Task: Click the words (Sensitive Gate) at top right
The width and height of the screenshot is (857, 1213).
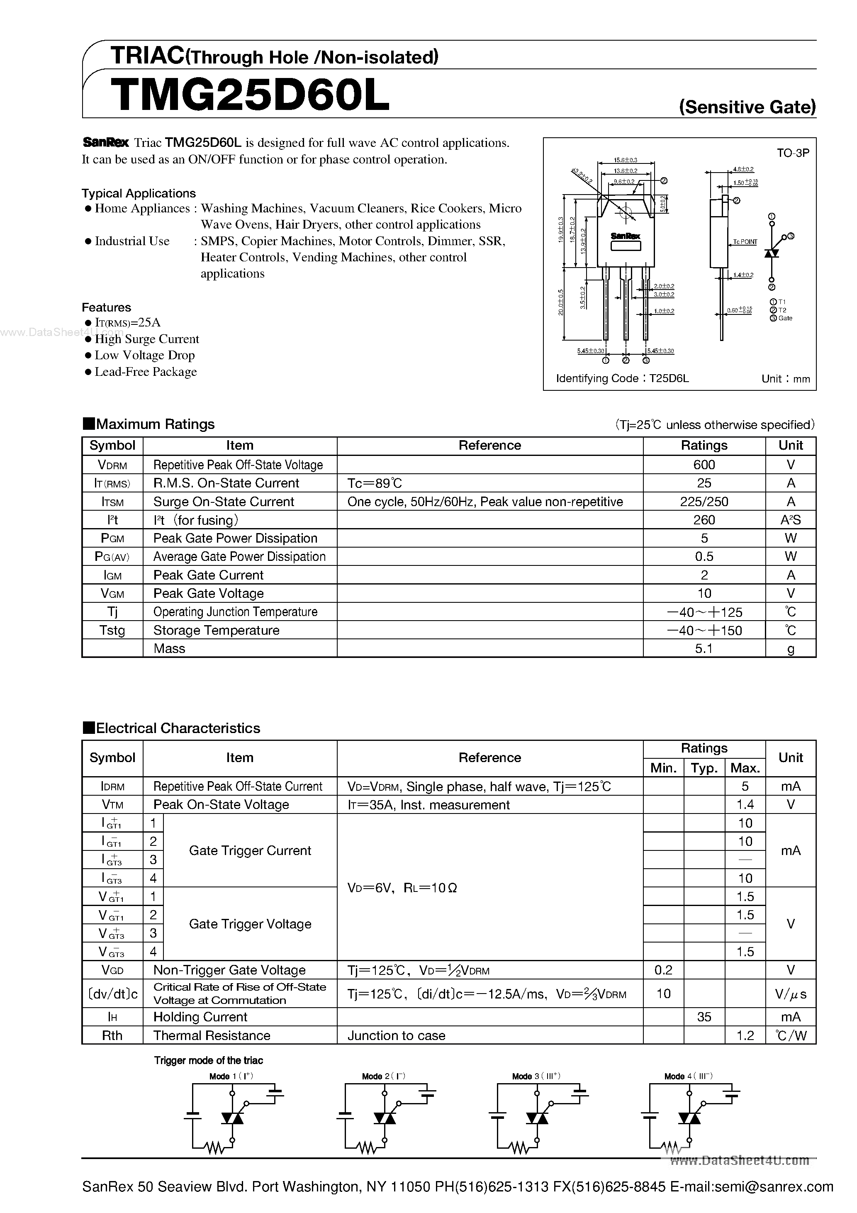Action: click(x=747, y=107)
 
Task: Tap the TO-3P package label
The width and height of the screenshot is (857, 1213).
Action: click(x=793, y=153)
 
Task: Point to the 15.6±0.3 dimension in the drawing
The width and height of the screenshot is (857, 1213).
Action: click(x=625, y=160)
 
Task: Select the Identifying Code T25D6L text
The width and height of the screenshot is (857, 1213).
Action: click(x=622, y=378)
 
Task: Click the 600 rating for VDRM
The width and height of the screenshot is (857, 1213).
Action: click(x=704, y=465)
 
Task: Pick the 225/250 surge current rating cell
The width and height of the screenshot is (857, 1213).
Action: click(x=704, y=502)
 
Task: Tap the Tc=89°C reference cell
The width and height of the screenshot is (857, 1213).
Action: click(x=375, y=483)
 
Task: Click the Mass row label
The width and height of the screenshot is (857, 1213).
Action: click(x=169, y=649)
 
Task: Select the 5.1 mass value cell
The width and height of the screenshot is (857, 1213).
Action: click(x=704, y=649)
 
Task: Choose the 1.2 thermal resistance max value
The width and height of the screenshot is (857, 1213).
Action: click(x=745, y=1035)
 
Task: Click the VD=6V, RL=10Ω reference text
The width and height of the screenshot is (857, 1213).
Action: click(x=402, y=888)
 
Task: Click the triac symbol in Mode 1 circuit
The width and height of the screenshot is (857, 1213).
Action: click(x=232, y=1118)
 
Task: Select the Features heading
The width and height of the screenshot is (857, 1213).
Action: click(x=106, y=307)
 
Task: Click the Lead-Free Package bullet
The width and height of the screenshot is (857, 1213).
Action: click(x=145, y=372)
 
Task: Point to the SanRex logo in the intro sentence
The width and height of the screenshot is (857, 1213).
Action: click(x=106, y=143)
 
